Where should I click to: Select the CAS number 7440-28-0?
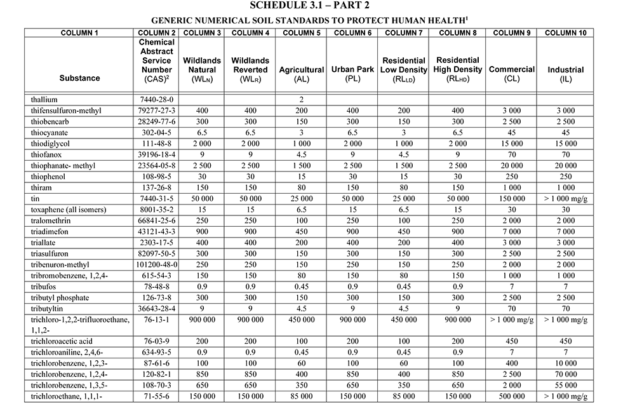[x=157, y=100]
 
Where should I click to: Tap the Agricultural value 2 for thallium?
[x=302, y=100]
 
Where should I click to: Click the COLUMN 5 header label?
[x=302, y=32]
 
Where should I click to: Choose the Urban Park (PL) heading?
[x=352, y=74]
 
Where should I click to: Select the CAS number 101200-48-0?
[x=157, y=265]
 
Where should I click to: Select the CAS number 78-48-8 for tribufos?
[x=157, y=287]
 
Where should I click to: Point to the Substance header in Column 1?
[x=79, y=78]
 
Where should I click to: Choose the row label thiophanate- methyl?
[x=62, y=166]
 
